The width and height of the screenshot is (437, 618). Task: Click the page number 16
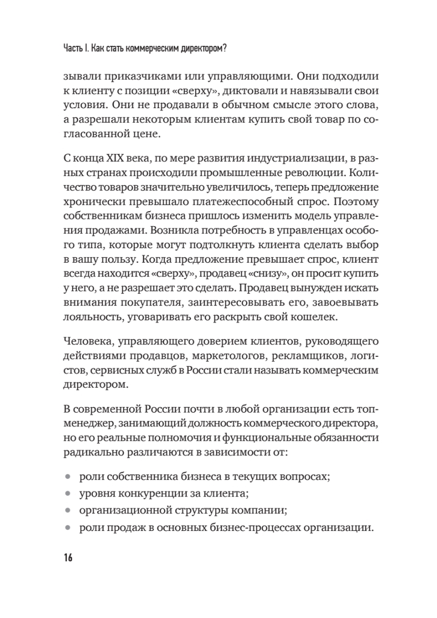(67, 558)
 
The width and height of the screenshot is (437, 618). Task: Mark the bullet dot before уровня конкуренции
(67, 493)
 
